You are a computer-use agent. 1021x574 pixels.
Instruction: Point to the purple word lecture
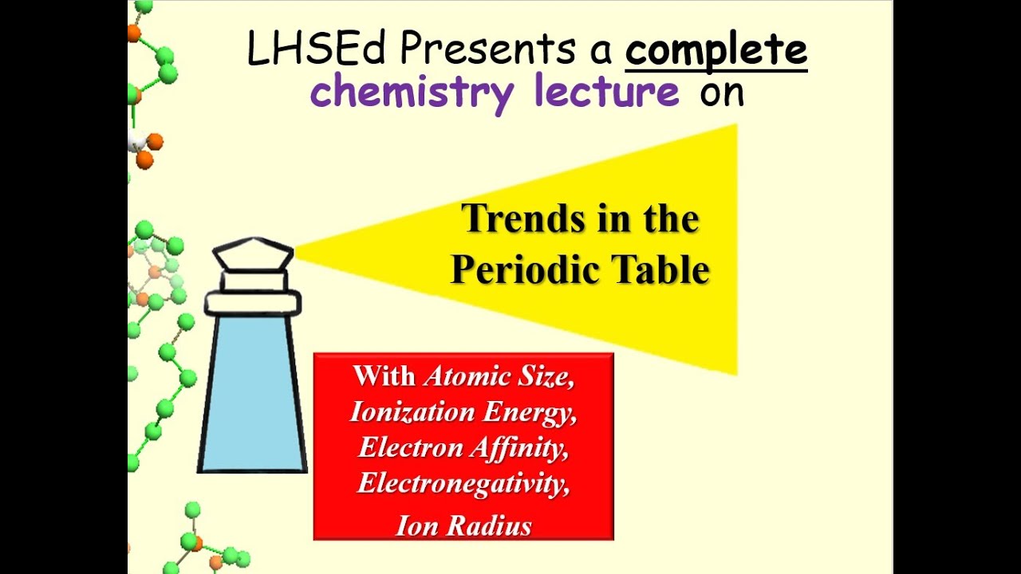click(607, 92)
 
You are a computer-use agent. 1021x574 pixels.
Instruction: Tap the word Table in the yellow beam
click(660, 270)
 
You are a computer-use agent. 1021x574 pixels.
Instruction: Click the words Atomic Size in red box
click(498, 375)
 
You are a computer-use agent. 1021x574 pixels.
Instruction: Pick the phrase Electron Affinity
click(463, 447)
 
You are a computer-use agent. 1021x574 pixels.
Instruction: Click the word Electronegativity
click(463, 483)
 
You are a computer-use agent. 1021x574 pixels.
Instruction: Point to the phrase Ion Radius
click(463, 525)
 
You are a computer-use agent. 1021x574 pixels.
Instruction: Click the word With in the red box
click(384, 375)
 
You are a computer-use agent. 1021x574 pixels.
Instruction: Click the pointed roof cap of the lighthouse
click(253, 254)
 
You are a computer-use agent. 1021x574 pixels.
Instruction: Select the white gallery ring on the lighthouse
click(253, 302)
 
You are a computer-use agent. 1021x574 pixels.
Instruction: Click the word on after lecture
click(721, 92)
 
